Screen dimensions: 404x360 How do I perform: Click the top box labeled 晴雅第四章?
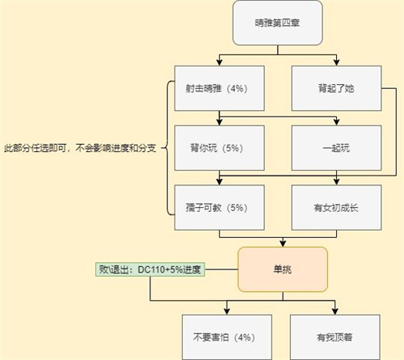278,23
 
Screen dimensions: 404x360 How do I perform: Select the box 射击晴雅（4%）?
220,88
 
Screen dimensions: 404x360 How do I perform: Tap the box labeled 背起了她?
336,88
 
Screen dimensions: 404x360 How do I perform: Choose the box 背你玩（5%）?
220,148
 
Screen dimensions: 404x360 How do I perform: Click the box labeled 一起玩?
336,148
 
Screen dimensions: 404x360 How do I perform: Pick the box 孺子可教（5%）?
220,207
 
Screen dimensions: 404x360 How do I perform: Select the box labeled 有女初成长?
336,207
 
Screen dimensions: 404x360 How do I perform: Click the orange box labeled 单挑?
283,269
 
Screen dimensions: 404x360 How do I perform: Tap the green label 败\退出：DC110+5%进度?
150,269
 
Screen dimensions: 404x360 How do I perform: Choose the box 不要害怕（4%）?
227,337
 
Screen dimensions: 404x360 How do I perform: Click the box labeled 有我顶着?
335,337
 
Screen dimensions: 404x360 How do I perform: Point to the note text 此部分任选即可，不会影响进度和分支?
80,148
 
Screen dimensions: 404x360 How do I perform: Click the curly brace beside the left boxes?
167,148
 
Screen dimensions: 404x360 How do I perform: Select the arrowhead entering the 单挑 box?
283,244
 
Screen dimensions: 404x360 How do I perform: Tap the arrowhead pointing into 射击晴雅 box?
220,62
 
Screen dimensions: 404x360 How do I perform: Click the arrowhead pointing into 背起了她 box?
336,62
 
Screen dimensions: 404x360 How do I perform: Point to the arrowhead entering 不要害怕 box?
227,311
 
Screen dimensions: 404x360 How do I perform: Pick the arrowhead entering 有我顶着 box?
335,311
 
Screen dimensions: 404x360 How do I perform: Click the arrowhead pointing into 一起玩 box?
336,122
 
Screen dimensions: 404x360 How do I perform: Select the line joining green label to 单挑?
221,269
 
